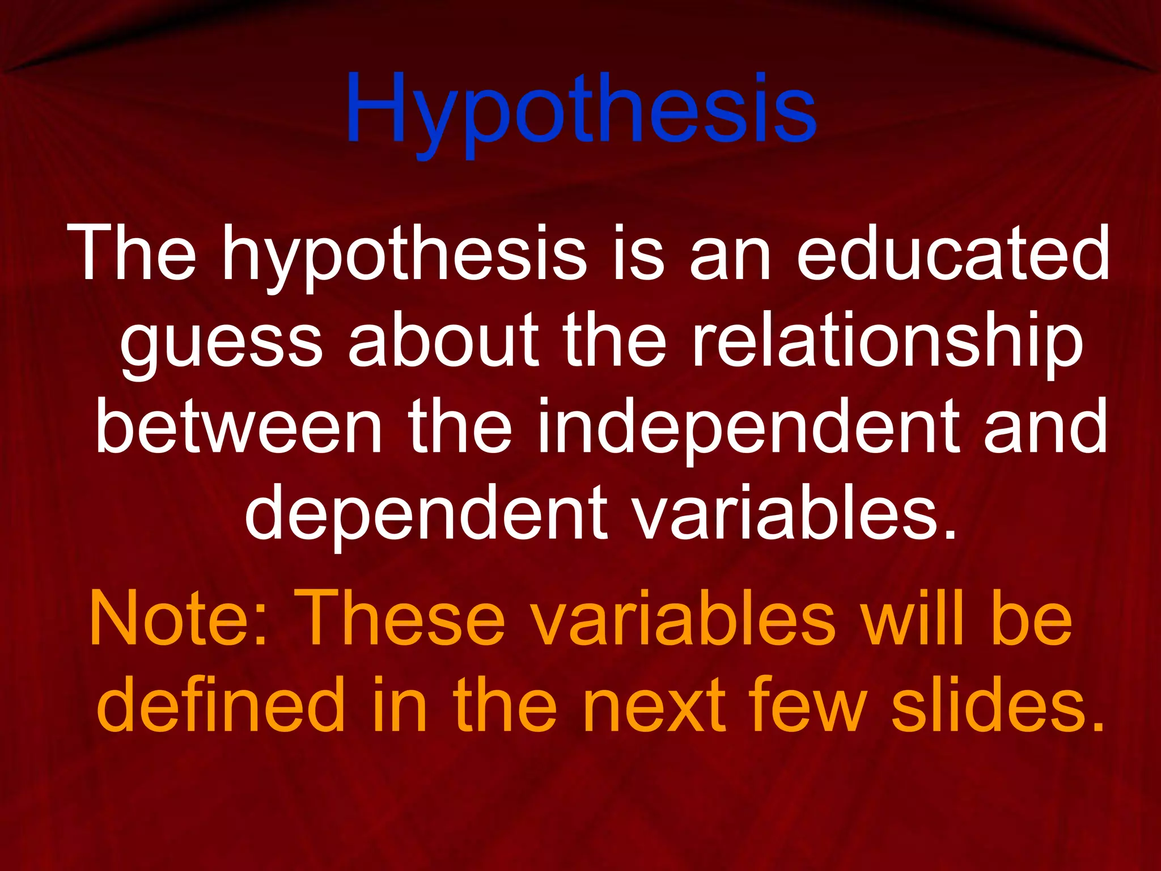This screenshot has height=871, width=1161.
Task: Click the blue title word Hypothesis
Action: coord(580,111)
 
